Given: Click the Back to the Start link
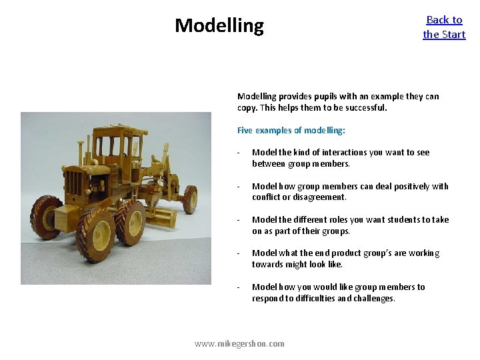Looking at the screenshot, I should (444, 27).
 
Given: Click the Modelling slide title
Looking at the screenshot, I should (219, 26).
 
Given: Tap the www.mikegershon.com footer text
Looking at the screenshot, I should (239, 343).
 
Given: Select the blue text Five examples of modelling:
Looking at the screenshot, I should (291, 131).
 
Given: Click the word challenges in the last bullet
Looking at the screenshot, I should (374, 298).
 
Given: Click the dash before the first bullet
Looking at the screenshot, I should (238, 153).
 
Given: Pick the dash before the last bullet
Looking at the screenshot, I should (238, 287).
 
